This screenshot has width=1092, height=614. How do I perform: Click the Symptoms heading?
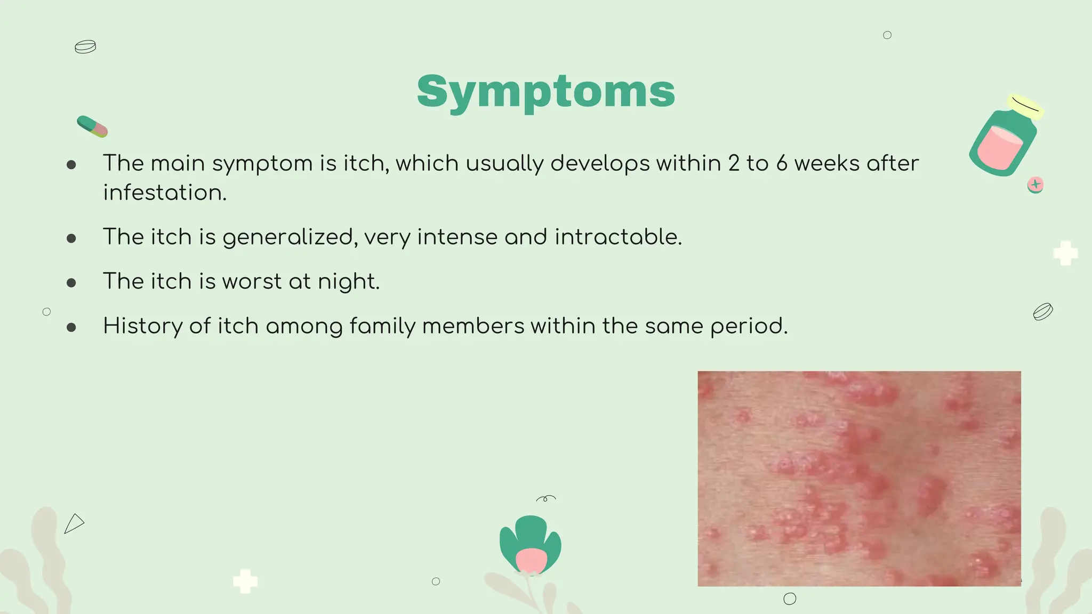point(545,92)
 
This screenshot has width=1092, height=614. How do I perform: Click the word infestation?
point(164,193)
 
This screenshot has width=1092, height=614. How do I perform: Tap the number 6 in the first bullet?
point(782,164)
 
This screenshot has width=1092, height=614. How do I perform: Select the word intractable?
point(618,237)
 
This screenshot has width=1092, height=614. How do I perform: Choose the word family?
point(382,326)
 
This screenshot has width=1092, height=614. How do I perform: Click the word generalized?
point(290,238)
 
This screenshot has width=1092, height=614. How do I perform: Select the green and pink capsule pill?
point(92,126)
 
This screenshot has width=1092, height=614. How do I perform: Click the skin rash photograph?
point(859,479)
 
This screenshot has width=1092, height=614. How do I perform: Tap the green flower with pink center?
point(530,545)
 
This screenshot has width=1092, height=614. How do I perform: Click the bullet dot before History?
point(71,327)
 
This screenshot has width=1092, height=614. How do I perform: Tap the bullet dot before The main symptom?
point(71,165)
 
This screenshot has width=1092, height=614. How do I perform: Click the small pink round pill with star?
point(1035,185)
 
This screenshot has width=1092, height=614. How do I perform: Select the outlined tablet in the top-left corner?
point(85,47)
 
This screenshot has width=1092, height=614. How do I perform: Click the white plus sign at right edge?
point(1065,253)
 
